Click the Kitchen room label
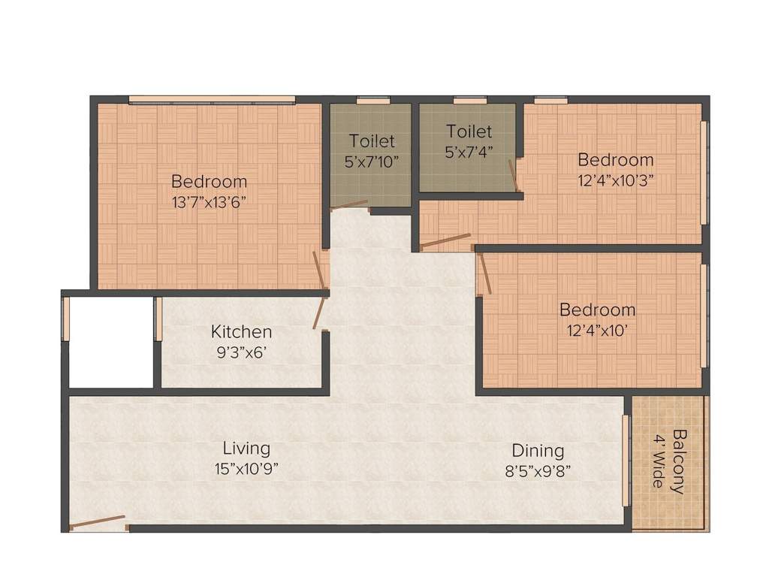tap(241, 331)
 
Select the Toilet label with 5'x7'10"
tap(371, 140)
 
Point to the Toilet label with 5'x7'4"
tap(469, 131)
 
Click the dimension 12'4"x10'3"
tap(615, 180)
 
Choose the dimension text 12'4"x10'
tap(597, 329)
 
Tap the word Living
tap(246, 449)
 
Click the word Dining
tap(538, 451)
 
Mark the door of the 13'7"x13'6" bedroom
tap(319, 270)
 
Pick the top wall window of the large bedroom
tap(212, 99)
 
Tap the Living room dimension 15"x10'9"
tap(246, 470)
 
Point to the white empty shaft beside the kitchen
tap(111, 342)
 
